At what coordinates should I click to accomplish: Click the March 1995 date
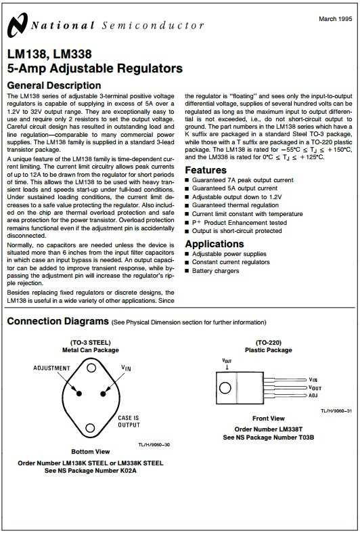pos(334,18)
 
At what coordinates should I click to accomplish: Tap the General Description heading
pos(53,85)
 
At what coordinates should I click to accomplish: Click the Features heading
pos(206,170)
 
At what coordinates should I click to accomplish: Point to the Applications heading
pos(215,244)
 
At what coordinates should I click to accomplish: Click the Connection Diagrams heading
pos(58,321)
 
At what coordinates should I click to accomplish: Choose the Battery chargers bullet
pos(216,271)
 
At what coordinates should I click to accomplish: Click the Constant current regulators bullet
pos(229,262)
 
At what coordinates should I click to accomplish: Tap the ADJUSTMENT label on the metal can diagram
pos(51,368)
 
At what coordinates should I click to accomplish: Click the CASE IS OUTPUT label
pos(128,421)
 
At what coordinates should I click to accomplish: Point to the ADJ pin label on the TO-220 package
pos(313,395)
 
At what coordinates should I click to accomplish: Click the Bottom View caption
pos(90,451)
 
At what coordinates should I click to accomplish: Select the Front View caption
pos(268,419)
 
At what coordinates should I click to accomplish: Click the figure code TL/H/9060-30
pos(150,444)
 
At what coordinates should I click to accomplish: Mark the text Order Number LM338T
pos(269,429)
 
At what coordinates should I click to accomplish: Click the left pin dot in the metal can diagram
pos(79,393)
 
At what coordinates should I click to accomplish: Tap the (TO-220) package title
pos(268,342)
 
